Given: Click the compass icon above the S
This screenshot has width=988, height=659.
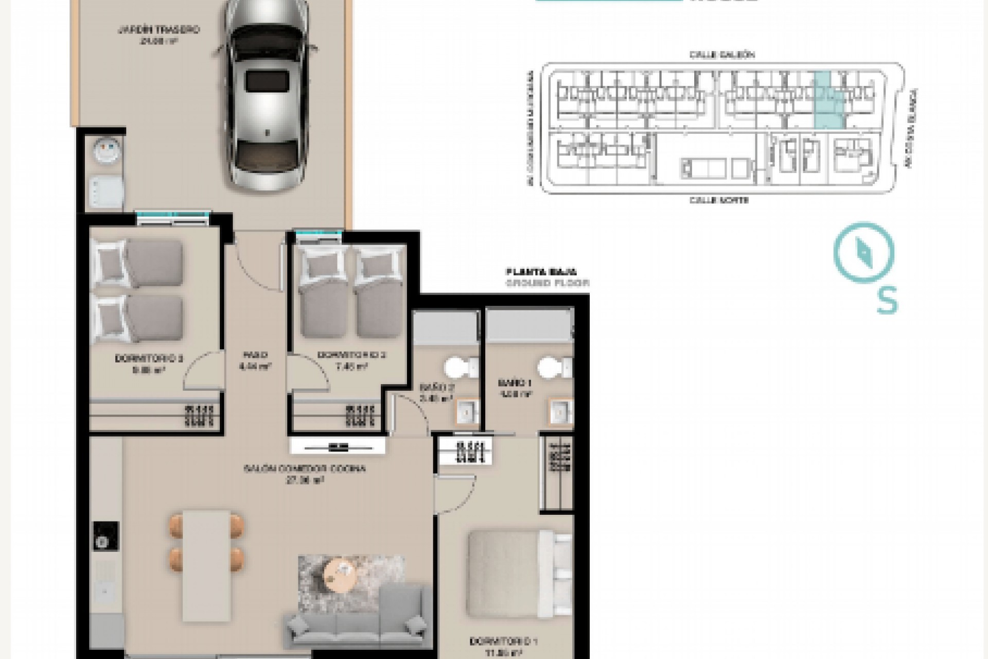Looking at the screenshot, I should coord(864,253).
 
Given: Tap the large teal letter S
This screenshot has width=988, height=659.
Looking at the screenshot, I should coord(887,300).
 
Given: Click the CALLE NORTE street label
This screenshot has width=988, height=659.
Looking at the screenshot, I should coord(719,200).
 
